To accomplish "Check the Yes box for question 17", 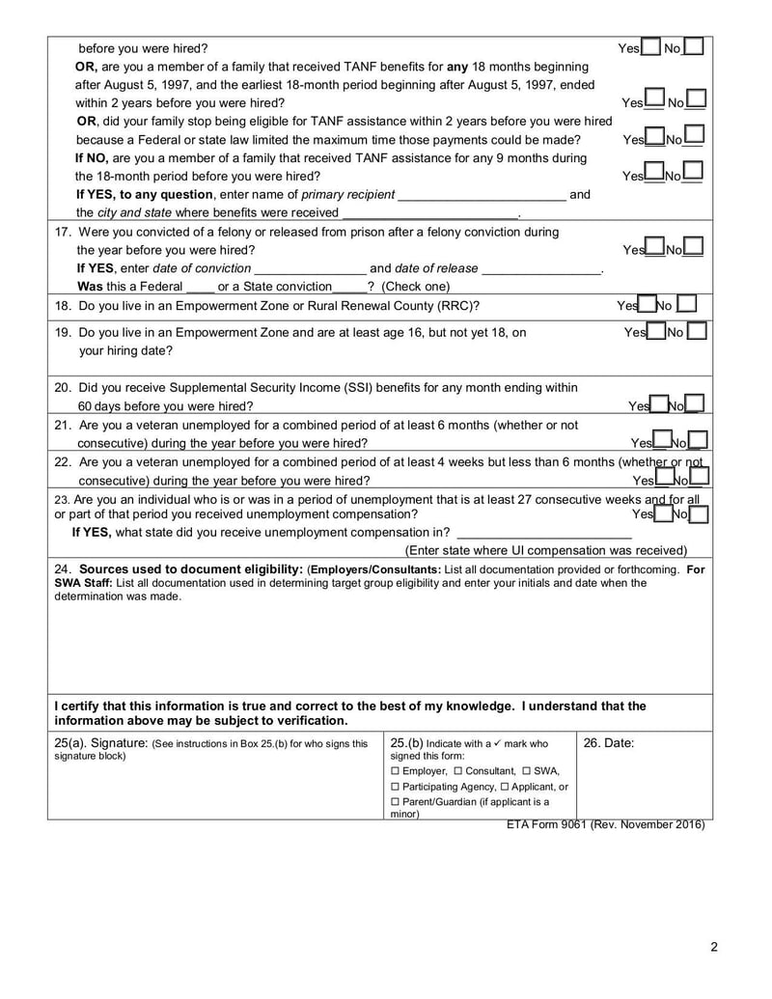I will coord(655,248).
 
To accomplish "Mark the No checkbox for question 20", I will coord(694,404).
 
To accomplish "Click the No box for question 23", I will coord(699,514).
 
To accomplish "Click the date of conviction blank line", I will coord(310,268).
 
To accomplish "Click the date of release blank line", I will coord(540,268).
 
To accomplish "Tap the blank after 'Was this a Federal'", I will coord(199,287).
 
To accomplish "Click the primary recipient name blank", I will coord(482,194).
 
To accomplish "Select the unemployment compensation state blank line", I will coord(544,532).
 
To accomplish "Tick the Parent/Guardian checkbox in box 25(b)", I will coord(395,802).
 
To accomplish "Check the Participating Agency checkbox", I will coord(395,787).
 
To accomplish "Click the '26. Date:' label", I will coord(609,743).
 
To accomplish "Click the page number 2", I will coord(713,946).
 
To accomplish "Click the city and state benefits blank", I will coord(430,212).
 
